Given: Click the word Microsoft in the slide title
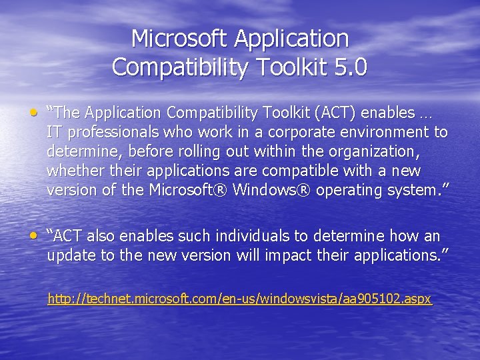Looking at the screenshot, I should [x=179, y=39].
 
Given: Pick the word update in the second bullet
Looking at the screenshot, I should [x=69, y=255].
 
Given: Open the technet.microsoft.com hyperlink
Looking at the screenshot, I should [x=240, y=299].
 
